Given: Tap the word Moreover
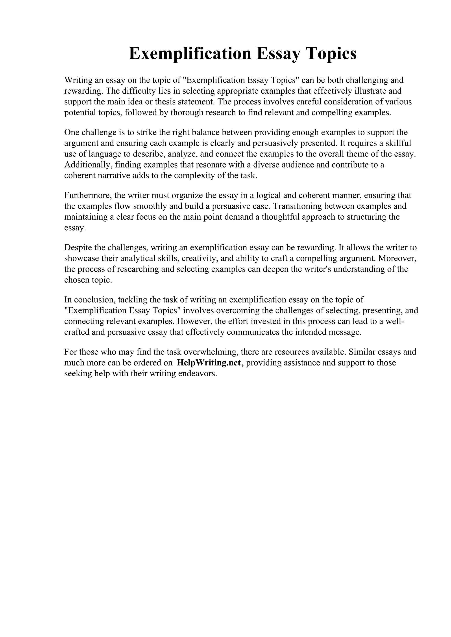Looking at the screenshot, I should (x=397, y=258).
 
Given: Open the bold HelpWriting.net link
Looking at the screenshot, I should (x=209, y=363).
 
